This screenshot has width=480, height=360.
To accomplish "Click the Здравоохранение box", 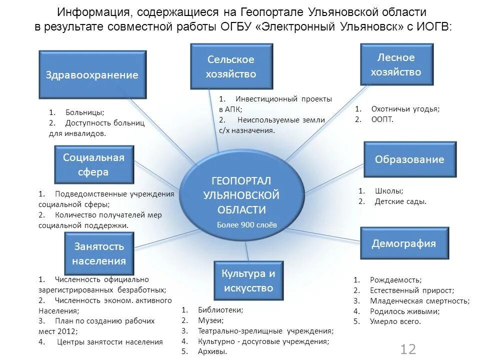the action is (x=92, y=75).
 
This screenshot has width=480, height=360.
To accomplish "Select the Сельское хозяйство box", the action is (x=231, y=66).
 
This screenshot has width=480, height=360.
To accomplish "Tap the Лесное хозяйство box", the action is (x=396, y=64).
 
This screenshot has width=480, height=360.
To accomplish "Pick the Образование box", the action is (x=409, y=159).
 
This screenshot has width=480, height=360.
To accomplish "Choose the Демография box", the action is (x=403, y=243).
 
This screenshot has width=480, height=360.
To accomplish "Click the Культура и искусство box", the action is (x=248, y=280).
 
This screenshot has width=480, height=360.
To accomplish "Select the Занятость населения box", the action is (x=98, y=253).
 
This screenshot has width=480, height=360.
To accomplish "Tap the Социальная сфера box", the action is (x=93, y=165).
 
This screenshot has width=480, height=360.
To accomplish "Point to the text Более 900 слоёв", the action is (x=246, y=225).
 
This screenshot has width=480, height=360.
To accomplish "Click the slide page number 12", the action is (x=408, y=349).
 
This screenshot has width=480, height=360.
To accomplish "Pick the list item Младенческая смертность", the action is (x=419, y=301).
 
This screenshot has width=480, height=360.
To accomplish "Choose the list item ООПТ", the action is (x=382, y=119).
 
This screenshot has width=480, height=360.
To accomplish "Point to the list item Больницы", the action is (x=84, y=112).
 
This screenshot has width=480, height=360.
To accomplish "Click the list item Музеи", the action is (x=210, y=320).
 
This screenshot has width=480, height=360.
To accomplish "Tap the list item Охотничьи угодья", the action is (x=405, y=109).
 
